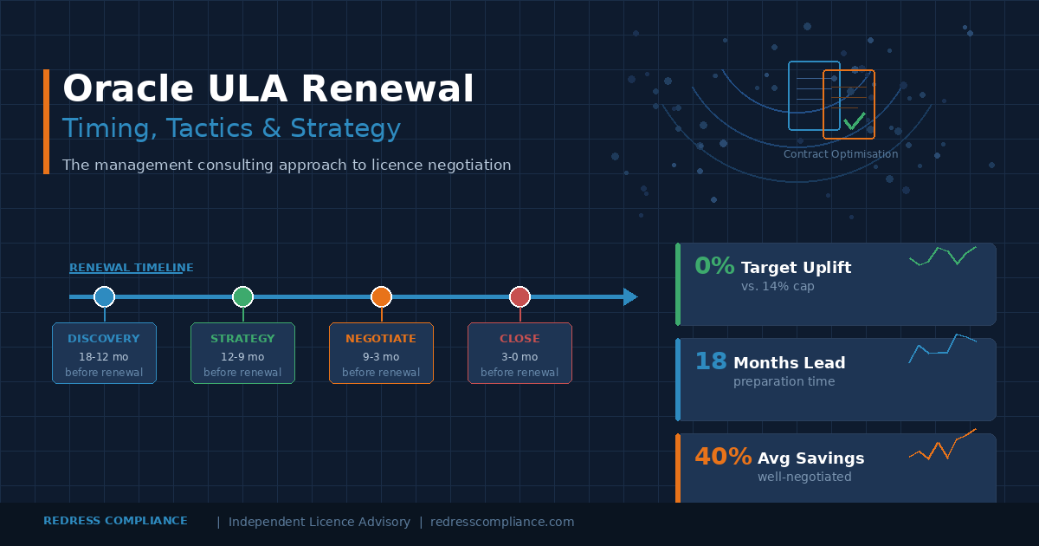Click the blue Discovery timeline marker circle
pos(104,296)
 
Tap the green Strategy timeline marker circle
pos(242,296)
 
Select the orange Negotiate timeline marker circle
pos(381,296)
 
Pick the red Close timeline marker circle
pos(519,296)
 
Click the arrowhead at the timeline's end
pos(630,296)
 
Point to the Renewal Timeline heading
pos(132,268)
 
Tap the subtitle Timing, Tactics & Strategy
pos(231,128)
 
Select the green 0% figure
pos(714,266)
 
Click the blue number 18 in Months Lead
pos(711,361)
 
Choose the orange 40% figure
pos(723,457)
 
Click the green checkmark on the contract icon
pos(855,120)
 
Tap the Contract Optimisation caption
pos(841,154)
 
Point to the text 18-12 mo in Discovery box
pos(104,357)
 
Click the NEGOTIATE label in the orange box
pos(381,339)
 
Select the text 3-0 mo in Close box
pos(519,357)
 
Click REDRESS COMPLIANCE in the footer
pos(115,521)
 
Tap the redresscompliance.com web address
pos(502,522)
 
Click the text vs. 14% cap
pos(778,286)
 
